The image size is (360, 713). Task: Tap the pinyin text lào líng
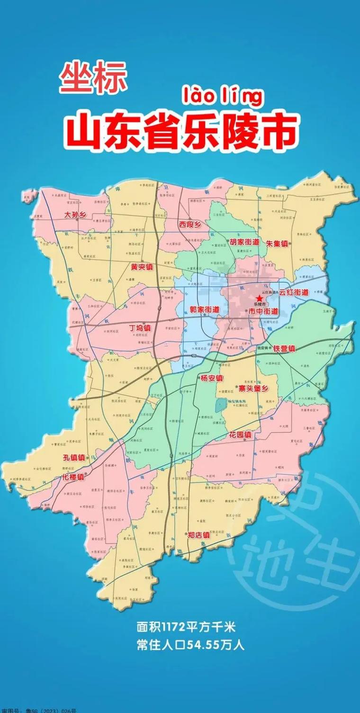222,97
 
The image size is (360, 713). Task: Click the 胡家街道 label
244,242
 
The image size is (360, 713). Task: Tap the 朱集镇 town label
277,244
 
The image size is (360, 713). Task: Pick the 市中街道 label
263,311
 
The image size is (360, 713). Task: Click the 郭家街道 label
205,309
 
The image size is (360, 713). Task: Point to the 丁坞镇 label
140,327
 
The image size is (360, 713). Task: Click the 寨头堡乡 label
253,388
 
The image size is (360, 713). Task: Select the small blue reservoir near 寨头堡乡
220,405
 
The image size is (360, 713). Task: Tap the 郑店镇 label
198,534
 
